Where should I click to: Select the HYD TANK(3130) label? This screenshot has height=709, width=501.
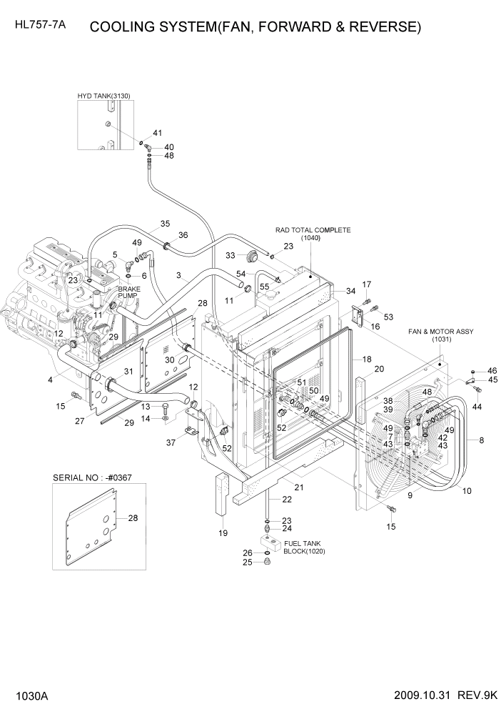pyautogui.click(x=104, y=96)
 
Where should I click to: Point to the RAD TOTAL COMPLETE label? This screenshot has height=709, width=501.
pyautogui.click(x=313, y=230)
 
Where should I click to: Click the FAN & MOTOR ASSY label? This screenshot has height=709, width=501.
pyautogui.click(x=440, y=332)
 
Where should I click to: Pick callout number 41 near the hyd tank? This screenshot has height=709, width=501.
pyautogui.click(x=157, y=133)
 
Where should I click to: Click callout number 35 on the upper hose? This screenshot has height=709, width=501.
pyautogui.click(x=165, y=224)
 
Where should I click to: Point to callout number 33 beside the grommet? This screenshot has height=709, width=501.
pyautogui.click(x=231, y=255)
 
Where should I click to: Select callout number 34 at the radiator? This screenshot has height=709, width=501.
pyautogui.click(x=350, y=291)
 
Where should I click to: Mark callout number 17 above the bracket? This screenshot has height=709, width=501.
pyautogui.click(x=367, y=285)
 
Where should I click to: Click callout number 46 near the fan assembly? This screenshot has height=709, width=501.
pyautogui.click(x=492, y=370)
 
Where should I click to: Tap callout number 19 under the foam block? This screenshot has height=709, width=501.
pyautogui.click(x=223, y=533)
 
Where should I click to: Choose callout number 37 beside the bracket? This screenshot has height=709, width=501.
pyautogui.click(x=171, y=442)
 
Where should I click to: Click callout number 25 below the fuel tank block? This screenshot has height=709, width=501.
pyautogui.click(x=247, y=562)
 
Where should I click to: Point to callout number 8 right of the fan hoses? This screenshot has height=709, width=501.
pyautogui.click(x=482, y=440)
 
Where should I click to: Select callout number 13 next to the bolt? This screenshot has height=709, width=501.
pyautogui.click(x=144, y=406)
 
